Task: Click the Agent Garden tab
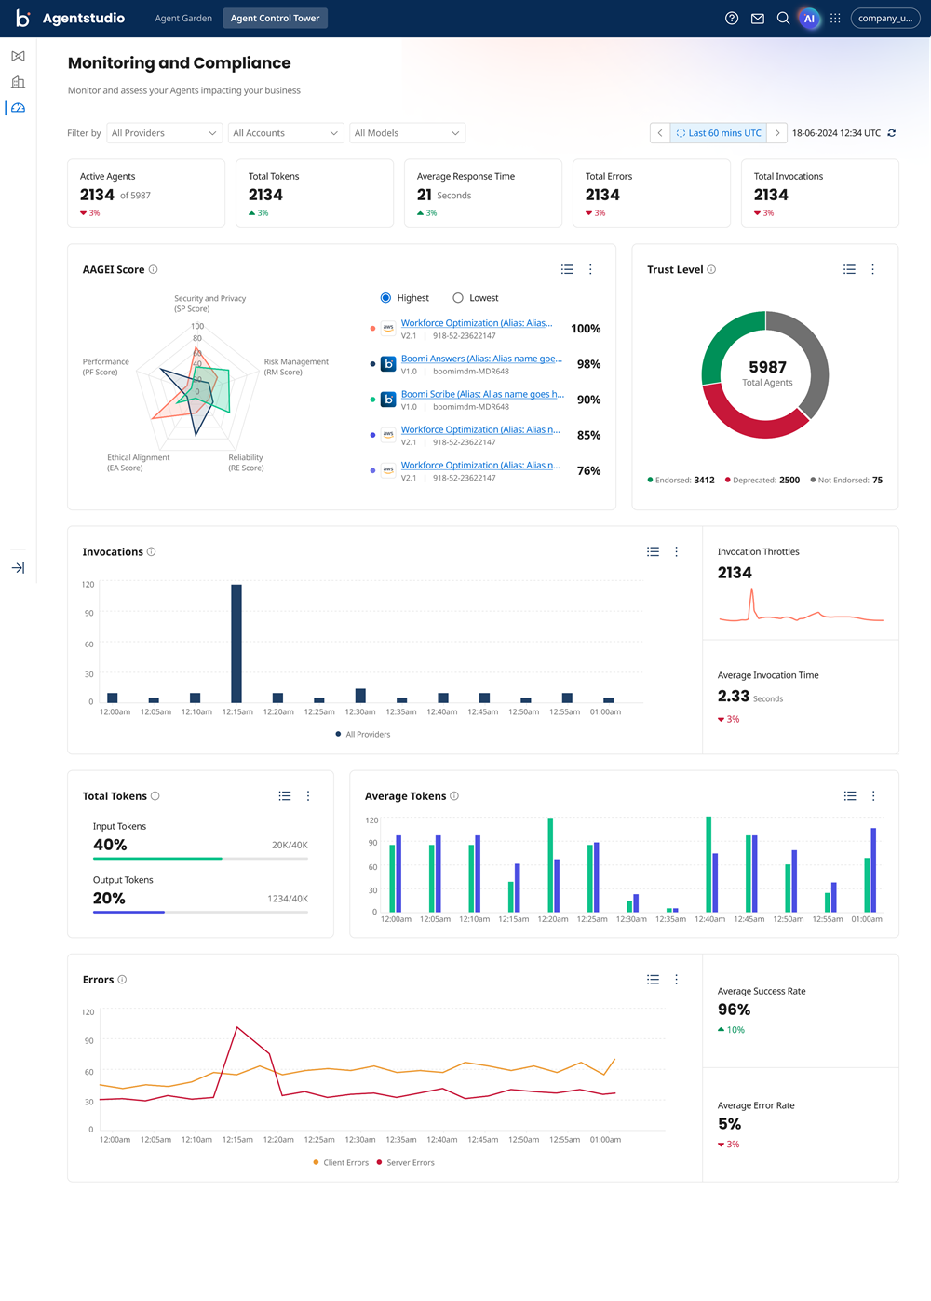183,19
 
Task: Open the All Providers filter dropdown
165,133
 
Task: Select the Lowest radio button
458,298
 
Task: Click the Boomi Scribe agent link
482,394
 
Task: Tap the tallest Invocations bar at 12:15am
236,643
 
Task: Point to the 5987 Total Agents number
767,367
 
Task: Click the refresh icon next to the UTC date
892,133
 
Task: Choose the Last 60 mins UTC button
719,133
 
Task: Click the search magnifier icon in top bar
783,19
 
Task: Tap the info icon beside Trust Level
711,269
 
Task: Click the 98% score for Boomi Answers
588,364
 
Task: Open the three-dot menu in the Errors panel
677,980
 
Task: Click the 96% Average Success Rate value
734,1010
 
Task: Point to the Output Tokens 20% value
109,899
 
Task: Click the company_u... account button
884,19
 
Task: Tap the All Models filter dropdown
407,133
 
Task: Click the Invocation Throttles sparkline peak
751,592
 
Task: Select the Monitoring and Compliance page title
179,63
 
